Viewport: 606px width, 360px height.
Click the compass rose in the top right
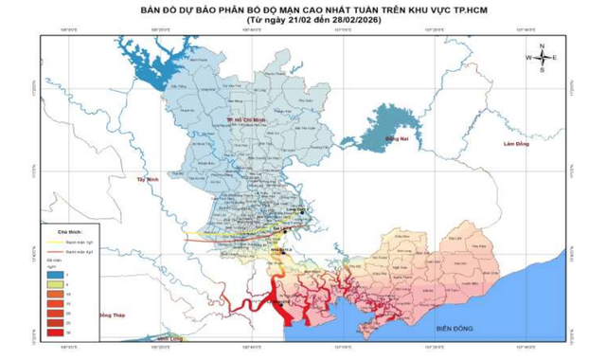click(x=542, y=58)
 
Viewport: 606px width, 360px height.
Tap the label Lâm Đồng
click(x=517, y=144)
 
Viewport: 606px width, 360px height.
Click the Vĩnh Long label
click(x=171, y=338)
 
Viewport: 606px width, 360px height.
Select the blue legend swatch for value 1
click(x=56, y=273)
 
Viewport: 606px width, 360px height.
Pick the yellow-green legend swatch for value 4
click(x=56, y=283)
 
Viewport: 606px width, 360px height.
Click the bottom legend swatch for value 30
click(x=56, y=333)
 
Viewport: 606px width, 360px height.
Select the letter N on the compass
click(x=542, y=46)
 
